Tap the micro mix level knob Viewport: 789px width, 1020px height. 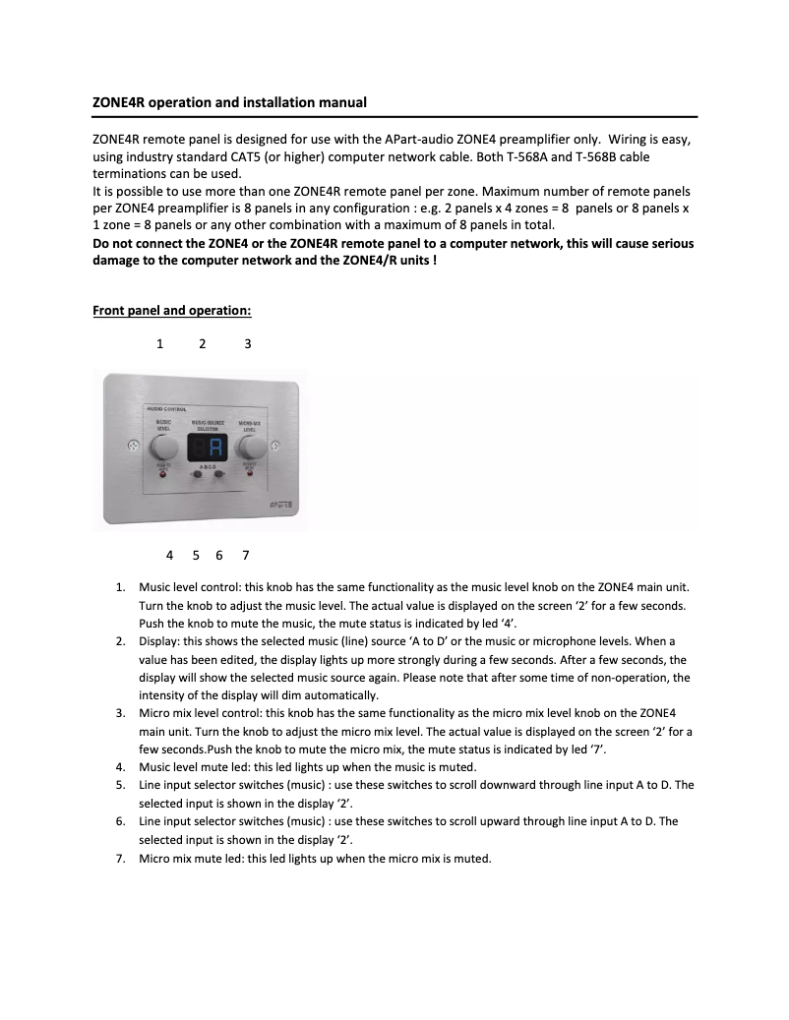point(251,449)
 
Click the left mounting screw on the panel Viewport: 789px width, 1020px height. point(132,449)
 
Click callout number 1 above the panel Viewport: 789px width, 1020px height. point(159,343)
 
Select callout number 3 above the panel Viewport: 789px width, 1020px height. point(248,343)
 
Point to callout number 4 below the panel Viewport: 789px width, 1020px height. point(170,555)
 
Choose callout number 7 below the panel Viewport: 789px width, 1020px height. point(245,555)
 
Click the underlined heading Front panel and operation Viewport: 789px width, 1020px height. point(172,311)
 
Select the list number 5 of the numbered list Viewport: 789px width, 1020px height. point(120,785)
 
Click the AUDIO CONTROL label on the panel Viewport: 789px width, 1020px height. point(166,408)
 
